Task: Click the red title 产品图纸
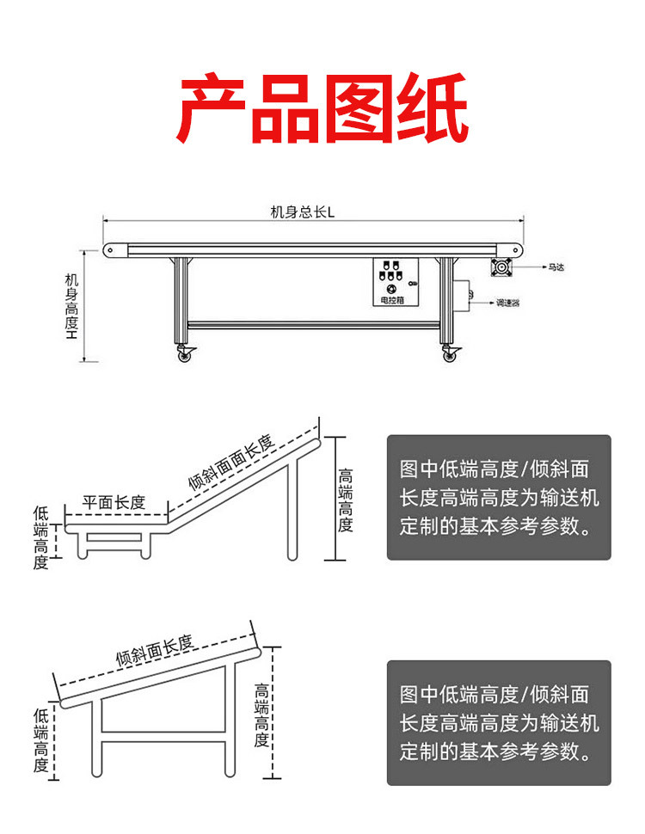click(x=322, y=109)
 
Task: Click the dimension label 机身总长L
click(x=302, y=212)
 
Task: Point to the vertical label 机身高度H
click(x=71, y=305)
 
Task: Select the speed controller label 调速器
click(x=507, y=303)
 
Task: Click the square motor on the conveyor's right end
click(x=502, y=267)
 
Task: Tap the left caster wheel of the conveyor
click(x=183, y=354)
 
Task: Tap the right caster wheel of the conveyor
click(x=449, y=354)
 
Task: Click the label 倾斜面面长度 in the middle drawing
click(x=230, y=464)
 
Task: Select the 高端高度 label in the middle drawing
click(x=345, y=500)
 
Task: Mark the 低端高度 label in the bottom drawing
click(x=40, y=740)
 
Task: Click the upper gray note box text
click(x=498, y=497)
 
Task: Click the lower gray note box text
click(x=498, y=723)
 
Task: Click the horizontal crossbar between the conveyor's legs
click(x=315, y=324)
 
